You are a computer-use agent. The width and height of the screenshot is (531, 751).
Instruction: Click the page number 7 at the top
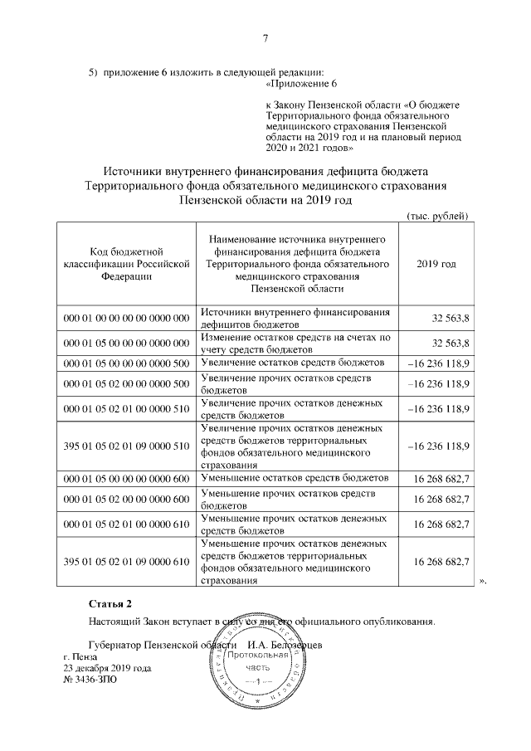(265, 37)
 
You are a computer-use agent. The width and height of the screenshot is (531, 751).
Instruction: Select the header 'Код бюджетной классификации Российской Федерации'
(125, 263)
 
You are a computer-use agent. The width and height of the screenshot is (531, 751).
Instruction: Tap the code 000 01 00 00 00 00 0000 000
(125, 319)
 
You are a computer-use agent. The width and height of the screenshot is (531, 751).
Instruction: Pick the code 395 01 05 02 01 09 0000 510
(125, 446)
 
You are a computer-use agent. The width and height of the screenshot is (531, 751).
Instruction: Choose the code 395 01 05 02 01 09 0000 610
(125, 562)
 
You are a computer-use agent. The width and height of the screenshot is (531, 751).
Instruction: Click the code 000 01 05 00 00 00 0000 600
(125, 479)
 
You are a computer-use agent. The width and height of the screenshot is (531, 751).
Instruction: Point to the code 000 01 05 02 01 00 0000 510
(125, 408)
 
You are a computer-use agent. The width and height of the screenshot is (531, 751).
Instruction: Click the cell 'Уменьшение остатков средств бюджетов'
(295, 479)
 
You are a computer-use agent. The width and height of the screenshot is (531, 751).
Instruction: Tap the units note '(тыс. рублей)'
(439, 216)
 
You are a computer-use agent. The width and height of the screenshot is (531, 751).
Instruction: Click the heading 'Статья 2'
(110, 602)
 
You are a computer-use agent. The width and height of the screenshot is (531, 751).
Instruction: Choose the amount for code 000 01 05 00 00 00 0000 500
(440, 363)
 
